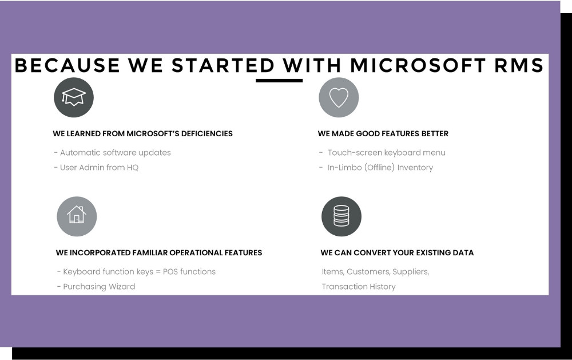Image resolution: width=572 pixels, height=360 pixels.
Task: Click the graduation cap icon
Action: [x=74, y=97]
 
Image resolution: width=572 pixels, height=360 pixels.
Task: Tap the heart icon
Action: [x=339, y=97]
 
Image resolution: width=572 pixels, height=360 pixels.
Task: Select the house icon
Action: [x=77, y=216]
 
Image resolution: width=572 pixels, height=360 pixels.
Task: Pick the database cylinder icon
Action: [x=341, y=216]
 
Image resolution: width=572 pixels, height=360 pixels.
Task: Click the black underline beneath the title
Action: [x=279, y=80]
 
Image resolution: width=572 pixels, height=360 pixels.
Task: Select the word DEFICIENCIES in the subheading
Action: [x=207, y=133]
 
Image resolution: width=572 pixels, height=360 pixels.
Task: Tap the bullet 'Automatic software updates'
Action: [x=112, y=153]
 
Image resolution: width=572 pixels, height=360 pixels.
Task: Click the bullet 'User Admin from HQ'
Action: [x=96, y=168]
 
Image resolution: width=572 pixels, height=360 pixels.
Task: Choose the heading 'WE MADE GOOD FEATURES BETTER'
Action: [x=383, y=133]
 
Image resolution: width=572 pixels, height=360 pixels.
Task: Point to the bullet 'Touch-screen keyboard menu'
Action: [x=382, y=153]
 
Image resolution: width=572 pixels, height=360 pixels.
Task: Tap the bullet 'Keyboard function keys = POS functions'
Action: [x=137, y=272]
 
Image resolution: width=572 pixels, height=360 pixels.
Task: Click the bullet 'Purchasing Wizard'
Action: [x=96, y=287]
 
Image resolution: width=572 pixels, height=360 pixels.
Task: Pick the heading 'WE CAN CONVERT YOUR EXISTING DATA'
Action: [x=397, y=252]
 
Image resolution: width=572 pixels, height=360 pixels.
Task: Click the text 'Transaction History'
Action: [x=359, y=287]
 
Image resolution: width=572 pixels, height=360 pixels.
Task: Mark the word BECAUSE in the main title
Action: [x=67, y=65]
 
